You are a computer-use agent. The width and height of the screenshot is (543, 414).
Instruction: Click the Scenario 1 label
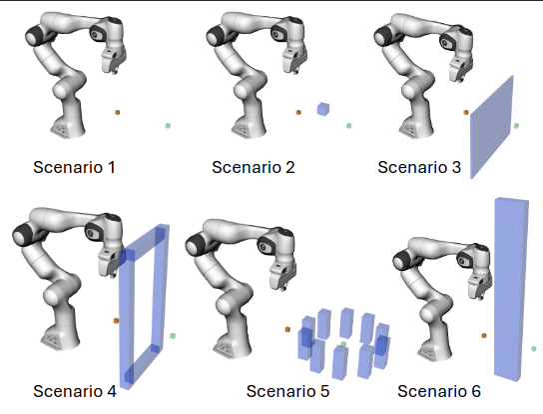pos(74,167)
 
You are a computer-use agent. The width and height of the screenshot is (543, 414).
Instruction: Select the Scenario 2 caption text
pos(254,167)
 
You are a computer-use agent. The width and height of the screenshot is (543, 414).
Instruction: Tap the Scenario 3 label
pos(419,167)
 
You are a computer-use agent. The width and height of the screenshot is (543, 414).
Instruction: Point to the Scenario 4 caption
pos(75,391)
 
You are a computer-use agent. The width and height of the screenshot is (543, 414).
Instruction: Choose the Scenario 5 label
pos(287,391)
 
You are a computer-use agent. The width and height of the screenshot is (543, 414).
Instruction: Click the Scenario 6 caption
pos(439,391)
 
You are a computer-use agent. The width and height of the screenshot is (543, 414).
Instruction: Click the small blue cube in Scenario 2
pos(322,109)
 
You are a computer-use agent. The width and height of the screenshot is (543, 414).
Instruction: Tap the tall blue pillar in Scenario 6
pos(511,290)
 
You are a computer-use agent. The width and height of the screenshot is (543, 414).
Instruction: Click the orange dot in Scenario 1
pos(118,113)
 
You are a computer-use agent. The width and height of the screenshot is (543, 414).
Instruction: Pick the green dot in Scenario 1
pos(168,125)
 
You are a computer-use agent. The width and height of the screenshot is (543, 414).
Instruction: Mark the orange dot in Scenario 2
pos(298,113)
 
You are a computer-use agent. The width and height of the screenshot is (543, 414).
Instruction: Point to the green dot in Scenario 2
pos(348,125)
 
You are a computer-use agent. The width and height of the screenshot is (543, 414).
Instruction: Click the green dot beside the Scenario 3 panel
pos(517,125)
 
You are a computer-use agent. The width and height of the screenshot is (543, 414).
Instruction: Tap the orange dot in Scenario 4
pos(117,321)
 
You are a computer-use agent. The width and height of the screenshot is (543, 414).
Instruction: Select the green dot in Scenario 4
pos(173,335)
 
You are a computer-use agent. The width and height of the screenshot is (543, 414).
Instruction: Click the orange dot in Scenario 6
pos(485,335)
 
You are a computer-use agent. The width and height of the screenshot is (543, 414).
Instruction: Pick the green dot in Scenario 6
pos(538,348)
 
